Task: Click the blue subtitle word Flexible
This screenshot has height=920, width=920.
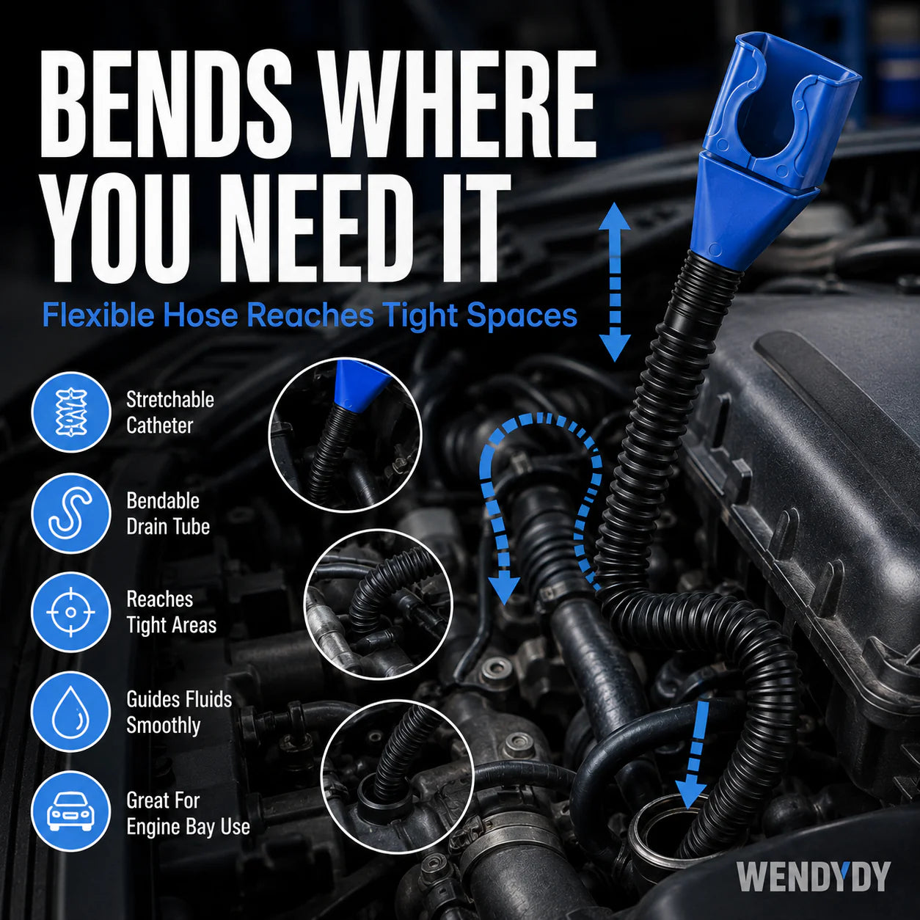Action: coord(98,315)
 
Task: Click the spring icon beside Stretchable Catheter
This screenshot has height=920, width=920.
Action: coord(70,412)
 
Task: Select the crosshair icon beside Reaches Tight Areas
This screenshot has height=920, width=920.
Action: coord(70,612)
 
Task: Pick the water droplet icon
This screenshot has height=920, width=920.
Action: coord(70,712)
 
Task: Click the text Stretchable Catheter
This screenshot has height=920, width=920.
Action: coord(170,412)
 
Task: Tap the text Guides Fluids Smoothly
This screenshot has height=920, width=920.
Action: coord(179,712)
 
